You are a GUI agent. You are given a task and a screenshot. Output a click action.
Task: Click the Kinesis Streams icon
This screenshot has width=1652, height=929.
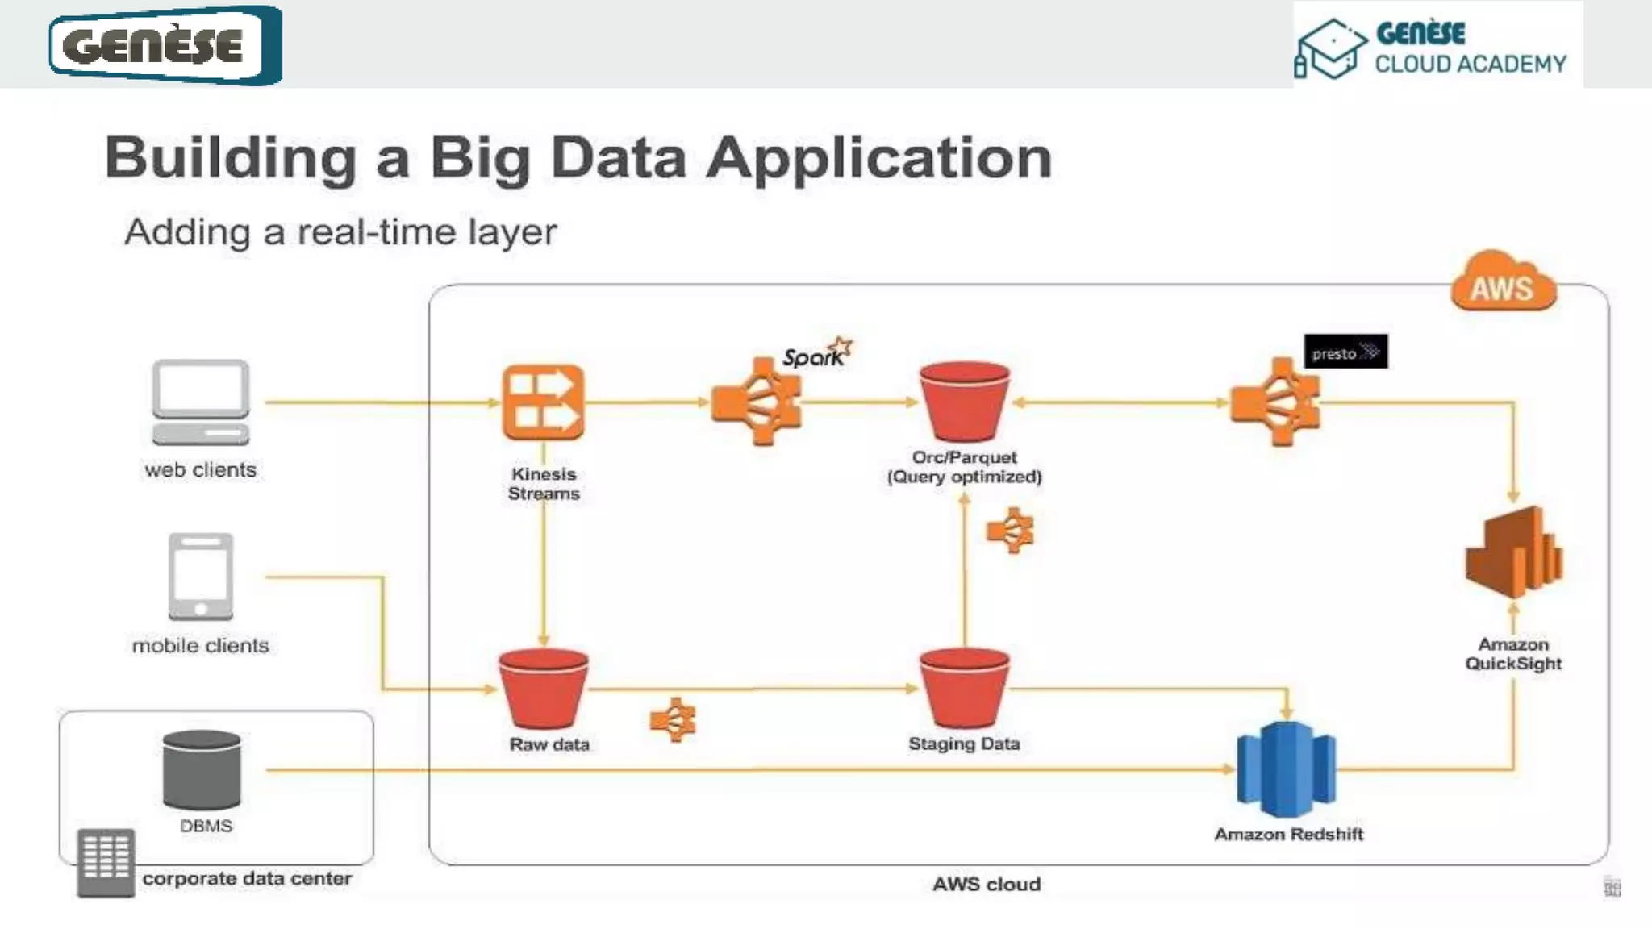543,402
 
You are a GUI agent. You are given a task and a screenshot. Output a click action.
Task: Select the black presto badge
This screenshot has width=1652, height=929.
1345,352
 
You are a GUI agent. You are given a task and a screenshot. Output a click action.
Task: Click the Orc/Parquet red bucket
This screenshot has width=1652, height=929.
964,402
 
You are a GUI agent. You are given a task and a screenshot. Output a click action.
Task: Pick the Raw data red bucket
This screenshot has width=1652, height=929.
543,688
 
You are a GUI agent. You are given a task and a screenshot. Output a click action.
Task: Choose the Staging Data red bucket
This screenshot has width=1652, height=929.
964,688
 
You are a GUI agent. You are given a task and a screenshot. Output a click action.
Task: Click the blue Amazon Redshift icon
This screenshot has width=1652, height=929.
1287,769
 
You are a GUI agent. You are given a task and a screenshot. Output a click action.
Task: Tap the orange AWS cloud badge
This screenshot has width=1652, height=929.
1503,284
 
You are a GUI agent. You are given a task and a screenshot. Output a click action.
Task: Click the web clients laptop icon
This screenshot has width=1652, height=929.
201,402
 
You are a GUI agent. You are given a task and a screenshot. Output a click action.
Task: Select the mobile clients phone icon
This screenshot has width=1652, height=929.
201,576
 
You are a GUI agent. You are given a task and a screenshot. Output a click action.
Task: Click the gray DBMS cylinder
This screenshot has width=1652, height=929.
202,770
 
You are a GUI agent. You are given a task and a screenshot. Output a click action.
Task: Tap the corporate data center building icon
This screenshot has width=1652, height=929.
106,862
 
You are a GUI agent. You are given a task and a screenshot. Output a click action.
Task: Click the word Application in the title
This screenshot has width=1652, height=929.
879,157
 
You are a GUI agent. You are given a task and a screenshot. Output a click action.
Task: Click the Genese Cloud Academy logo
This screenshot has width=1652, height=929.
1437,46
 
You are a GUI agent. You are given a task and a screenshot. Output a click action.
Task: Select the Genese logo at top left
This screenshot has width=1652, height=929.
165,44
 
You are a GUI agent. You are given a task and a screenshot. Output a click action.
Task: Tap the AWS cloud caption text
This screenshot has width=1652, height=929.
987,885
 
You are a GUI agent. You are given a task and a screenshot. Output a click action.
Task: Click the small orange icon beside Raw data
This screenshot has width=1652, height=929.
673,719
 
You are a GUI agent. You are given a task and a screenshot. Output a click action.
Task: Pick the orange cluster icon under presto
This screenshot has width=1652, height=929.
1275,402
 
